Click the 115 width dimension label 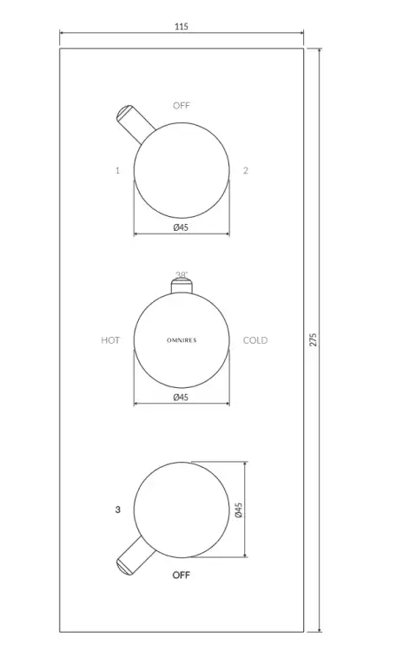click(182, 27)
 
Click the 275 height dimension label click(314, 339)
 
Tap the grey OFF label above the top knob click(182, 105)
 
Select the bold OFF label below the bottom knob click(182, 575)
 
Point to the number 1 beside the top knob click(117, 170)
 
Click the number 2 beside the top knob click(246, 170)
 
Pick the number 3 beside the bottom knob click(117, 510)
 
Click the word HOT click(110, 340)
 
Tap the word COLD click(255, 340)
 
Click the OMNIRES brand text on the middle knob click(182, 340)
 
